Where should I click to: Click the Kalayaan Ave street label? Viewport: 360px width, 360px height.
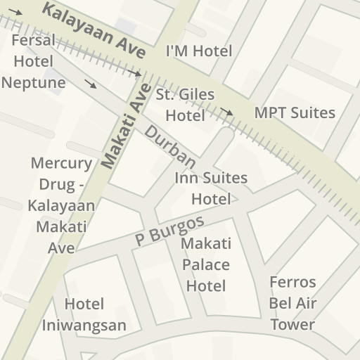94,31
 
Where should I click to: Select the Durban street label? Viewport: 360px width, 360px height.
170,146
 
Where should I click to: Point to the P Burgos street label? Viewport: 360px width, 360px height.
169,231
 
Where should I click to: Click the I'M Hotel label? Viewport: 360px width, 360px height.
198,51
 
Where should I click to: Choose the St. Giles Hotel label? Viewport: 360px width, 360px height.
186,105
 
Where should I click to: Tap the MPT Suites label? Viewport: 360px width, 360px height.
295,112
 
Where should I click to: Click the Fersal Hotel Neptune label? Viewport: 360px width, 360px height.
34,61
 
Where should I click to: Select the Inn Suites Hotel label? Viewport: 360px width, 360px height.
211,188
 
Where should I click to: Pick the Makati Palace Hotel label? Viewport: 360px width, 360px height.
206,264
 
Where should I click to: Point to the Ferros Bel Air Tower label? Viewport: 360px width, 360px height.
292,303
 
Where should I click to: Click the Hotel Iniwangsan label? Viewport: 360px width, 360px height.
84,314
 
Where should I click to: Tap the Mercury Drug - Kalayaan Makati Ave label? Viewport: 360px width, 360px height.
61,205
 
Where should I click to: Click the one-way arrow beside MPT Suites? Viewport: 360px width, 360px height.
226,111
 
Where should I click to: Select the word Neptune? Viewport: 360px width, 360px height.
34,82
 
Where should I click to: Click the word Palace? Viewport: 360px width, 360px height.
206,265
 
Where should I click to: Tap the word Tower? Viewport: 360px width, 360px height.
292,324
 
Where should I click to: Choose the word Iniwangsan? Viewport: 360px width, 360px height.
84,325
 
